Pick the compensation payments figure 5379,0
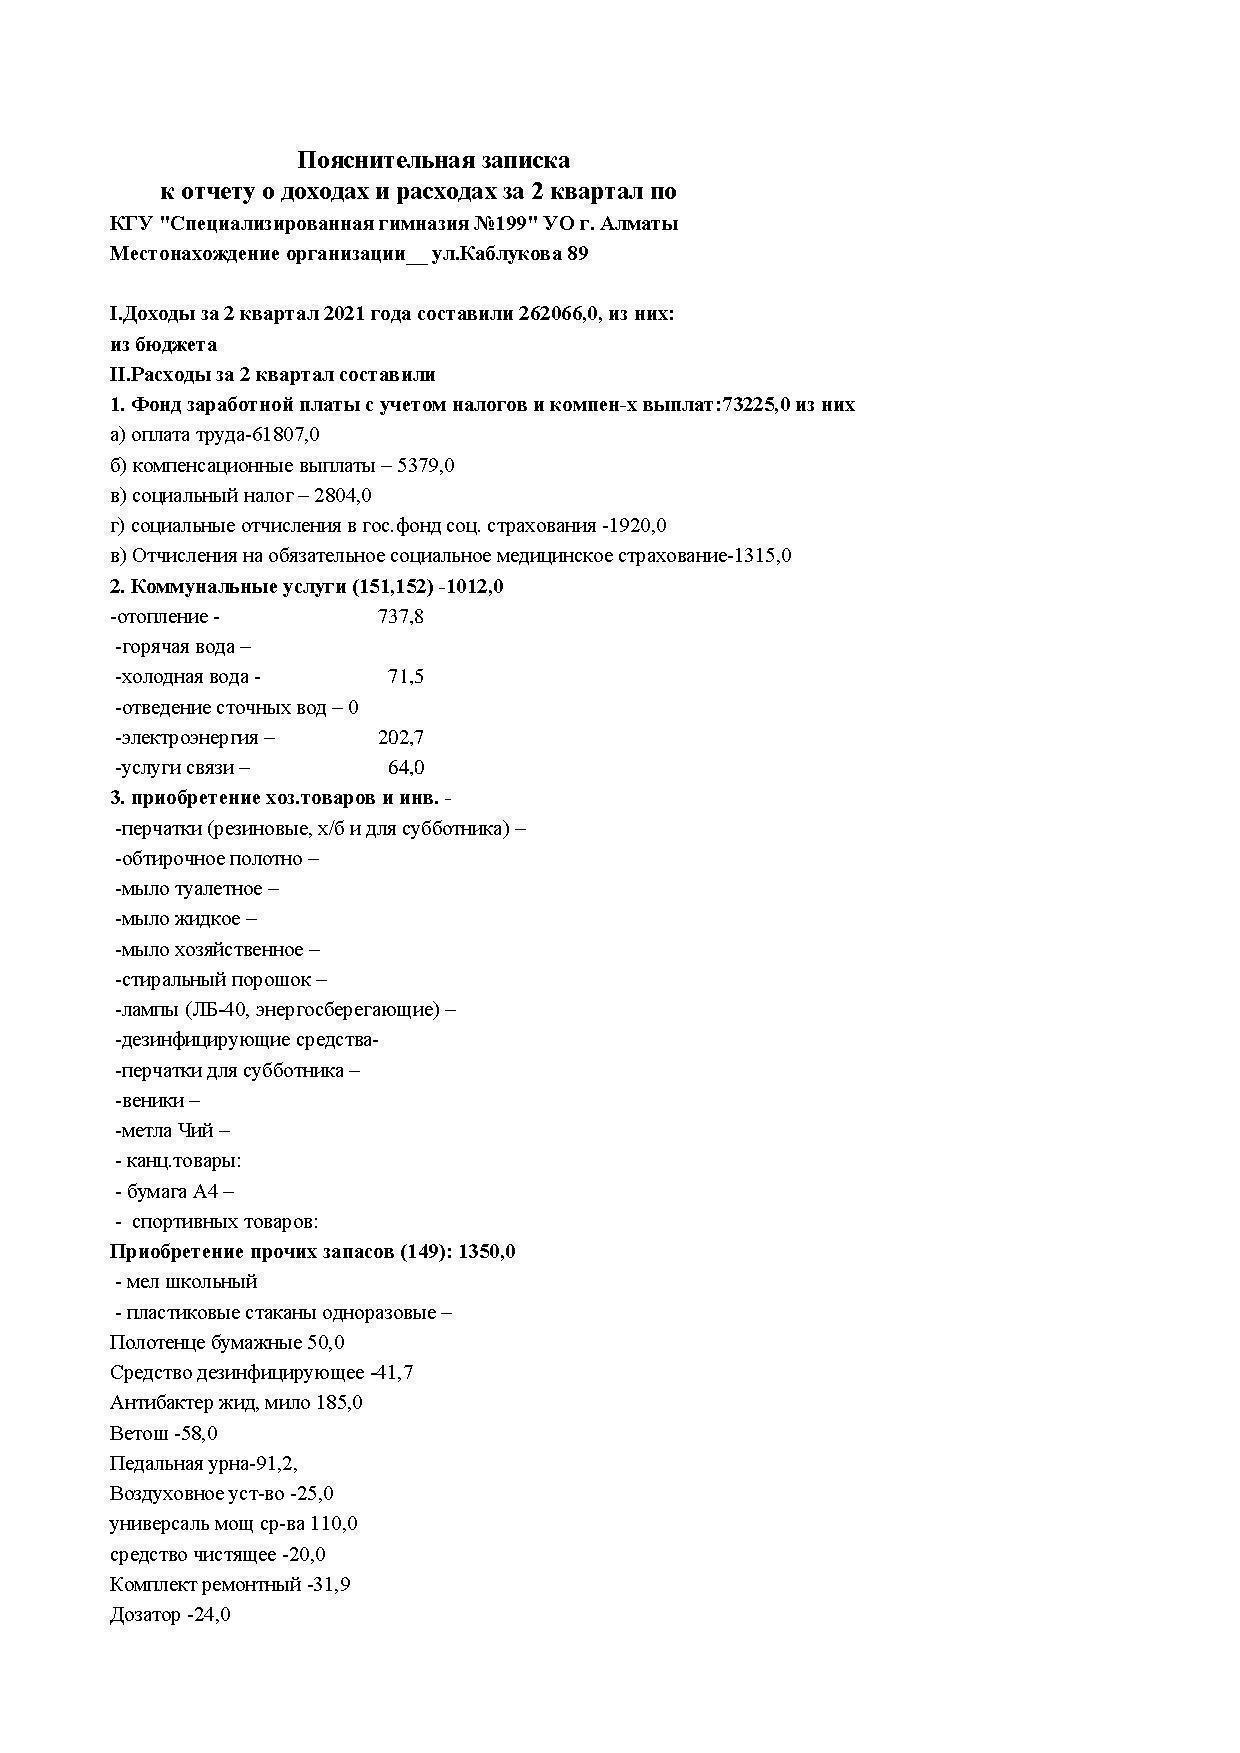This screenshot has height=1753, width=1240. [x=425, y=465]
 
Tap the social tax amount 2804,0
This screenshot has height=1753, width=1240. [x=343, y=495]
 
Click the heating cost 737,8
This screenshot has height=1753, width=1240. [x=400, y=617]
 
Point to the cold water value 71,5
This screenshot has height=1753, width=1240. [x=405, y=677]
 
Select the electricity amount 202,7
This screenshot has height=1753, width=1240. [x=400, y=738]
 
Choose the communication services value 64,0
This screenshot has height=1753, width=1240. [x=405, y=768]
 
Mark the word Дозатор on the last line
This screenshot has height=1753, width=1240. [x=145, y=1615]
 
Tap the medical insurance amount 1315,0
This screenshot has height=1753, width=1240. [x=762, y=556]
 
